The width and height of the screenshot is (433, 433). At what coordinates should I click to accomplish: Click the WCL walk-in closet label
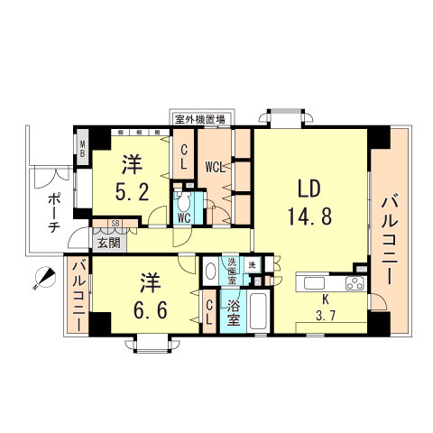[x=215, y=166]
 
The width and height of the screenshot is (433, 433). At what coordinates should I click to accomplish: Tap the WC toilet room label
[x=183, y=217]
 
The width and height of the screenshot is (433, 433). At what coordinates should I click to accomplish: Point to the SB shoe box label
[x=115, y=223]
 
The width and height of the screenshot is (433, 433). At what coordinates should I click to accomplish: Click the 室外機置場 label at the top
[x=199, y=119]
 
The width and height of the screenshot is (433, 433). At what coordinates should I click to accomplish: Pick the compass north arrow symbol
[x=41, y=279]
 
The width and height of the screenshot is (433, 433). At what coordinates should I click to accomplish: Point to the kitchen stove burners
[x=353, y=285]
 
